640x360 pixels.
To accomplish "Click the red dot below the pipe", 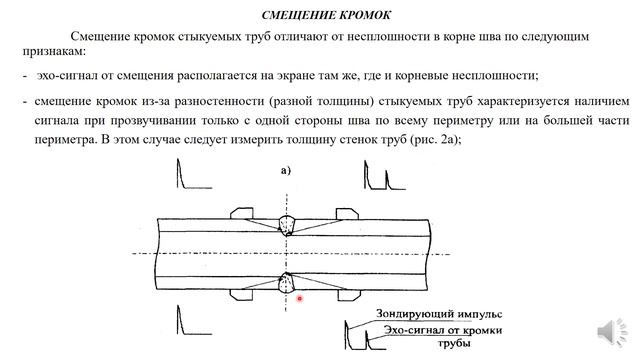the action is [299, 297].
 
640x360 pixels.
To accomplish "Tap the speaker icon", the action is [608, 333].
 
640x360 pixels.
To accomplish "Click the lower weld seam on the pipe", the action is [287, 282].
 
